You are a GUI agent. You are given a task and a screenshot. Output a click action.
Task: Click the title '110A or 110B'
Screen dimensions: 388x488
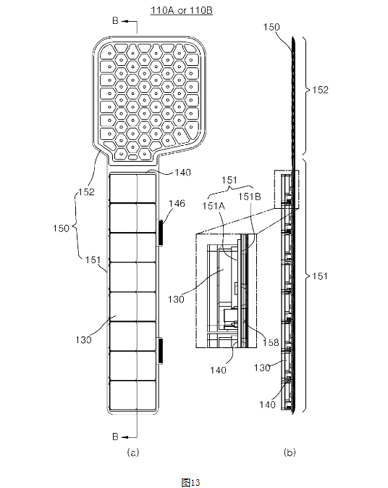[x=182, y=10]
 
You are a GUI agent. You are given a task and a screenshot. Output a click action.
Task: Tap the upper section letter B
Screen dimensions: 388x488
[x=115, y=21]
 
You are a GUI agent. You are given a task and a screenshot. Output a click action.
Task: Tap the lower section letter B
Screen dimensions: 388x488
[x=115, y=437]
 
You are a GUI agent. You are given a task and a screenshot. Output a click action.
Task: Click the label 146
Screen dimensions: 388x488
[x=177, y=204]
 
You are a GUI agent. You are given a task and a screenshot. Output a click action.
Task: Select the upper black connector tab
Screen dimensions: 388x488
[x=160, y=232]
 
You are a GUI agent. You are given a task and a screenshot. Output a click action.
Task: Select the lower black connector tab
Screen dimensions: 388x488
[x=160, y=351]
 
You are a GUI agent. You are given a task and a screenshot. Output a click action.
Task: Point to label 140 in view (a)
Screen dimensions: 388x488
[x=182, y=173]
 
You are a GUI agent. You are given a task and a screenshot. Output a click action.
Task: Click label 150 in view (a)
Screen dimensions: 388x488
[x=61, y=228]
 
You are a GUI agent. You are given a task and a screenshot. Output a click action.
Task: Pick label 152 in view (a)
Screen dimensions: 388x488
[x=86, y=191]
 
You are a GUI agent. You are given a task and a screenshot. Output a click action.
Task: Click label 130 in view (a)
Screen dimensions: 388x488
[x=83, y=339]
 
